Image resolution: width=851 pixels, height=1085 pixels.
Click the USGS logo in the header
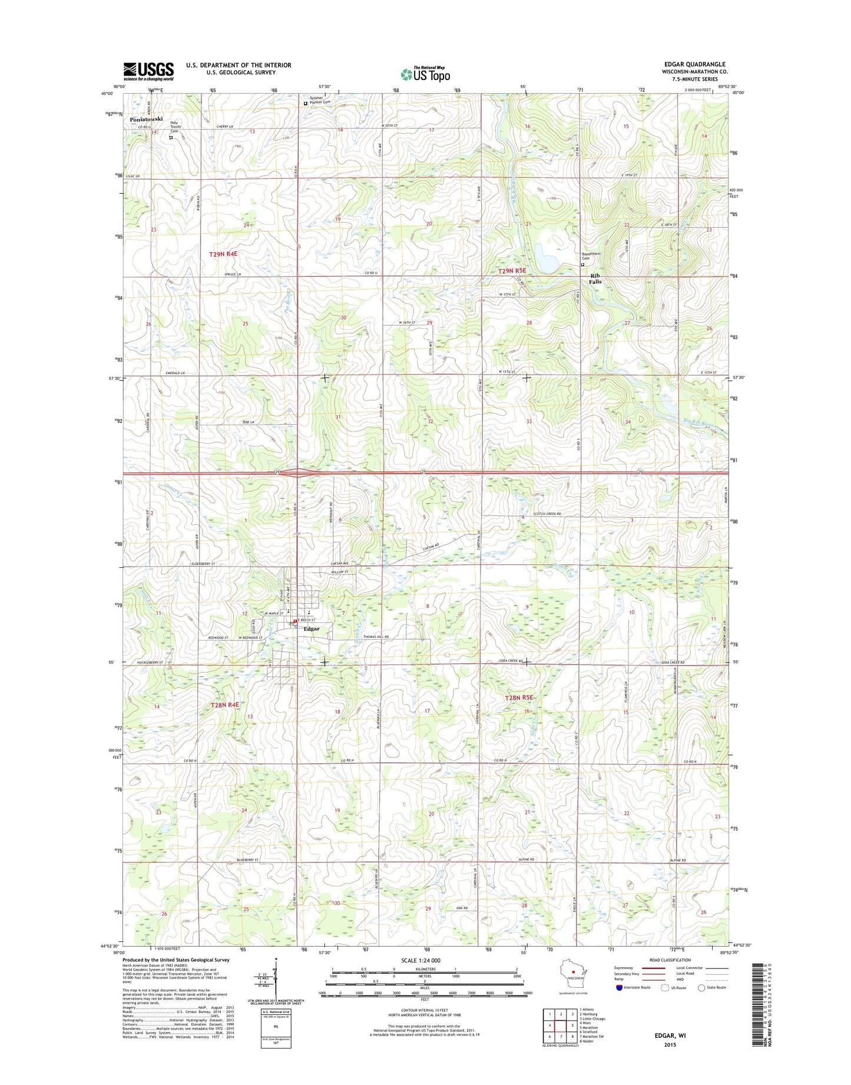coord(148,71)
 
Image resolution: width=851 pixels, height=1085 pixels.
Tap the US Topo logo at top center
coord(425,74)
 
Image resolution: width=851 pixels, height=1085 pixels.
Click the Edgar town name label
coord(312,628)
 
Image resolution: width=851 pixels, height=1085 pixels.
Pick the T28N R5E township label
coord(519,697)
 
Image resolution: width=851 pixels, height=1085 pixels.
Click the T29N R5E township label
coord(512,271)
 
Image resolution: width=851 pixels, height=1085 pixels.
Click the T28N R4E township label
coord(225,704)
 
